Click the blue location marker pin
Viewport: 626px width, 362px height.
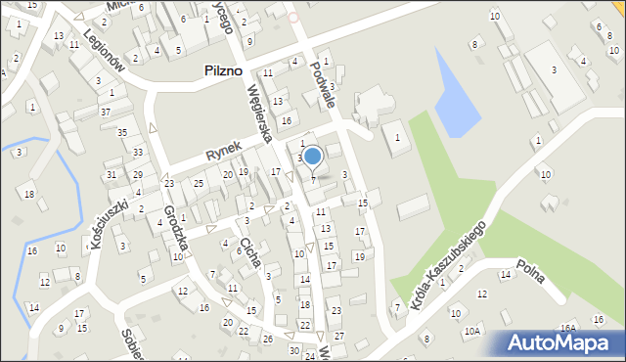tap(312, 156)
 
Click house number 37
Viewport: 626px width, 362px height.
tap(105, 113)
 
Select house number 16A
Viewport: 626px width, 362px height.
tap(568, 328)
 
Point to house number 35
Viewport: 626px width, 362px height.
tap(122, 132)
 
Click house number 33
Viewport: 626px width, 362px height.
tap(138, 152)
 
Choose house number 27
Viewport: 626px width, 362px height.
tap(339, 336)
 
